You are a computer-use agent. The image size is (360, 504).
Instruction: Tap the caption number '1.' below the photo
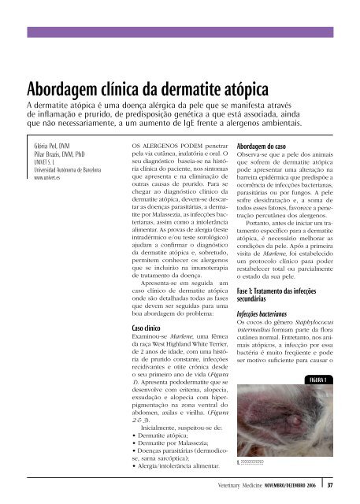point(239,461)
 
